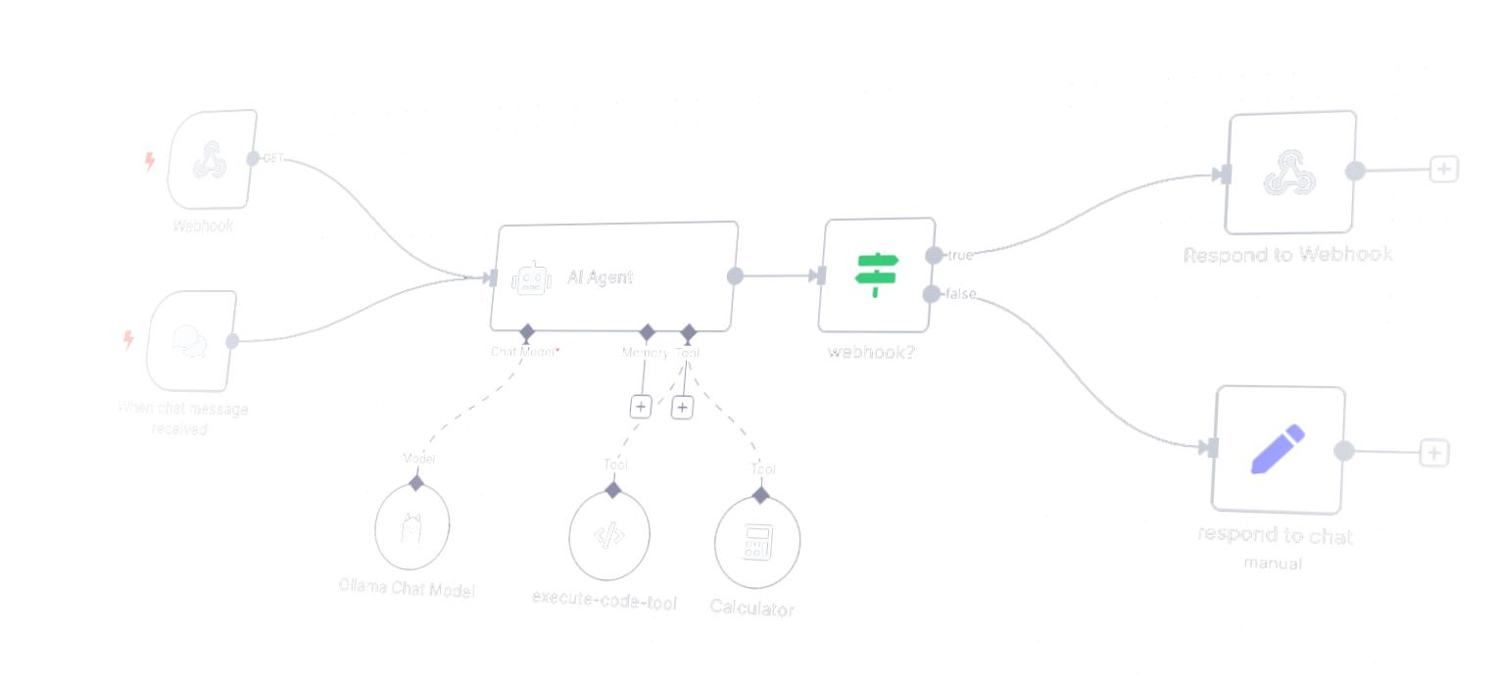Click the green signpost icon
(876, 275)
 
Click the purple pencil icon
(1278, 449)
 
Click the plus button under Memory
(640, 406)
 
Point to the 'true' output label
(960, 256)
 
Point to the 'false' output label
(960, 294)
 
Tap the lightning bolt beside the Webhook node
(150, 161)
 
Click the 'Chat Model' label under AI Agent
(522, 351)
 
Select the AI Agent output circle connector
(735, 276)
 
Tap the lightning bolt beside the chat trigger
(127, 340)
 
